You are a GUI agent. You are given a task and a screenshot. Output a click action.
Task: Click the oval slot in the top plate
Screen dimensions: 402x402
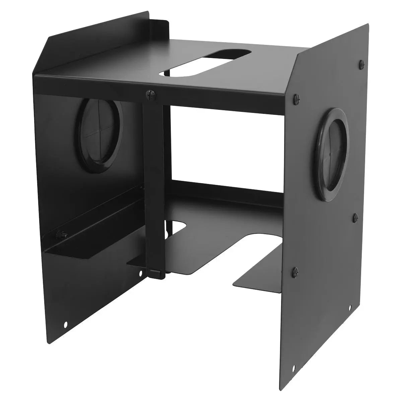(206, 63)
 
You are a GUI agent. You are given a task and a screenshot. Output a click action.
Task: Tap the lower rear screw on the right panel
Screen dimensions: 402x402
(355, 218)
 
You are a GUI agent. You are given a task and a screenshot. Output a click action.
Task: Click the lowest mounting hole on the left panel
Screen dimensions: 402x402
(66, 324)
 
